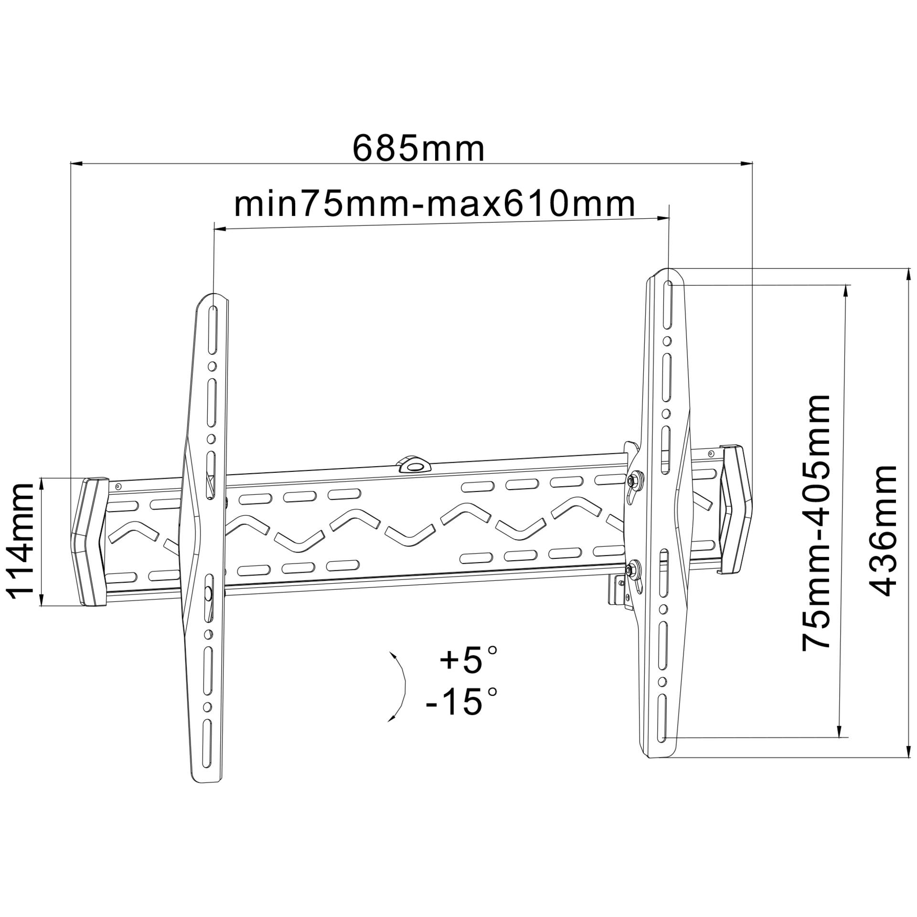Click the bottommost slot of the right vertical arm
(662, 726)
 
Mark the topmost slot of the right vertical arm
(668, 306)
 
